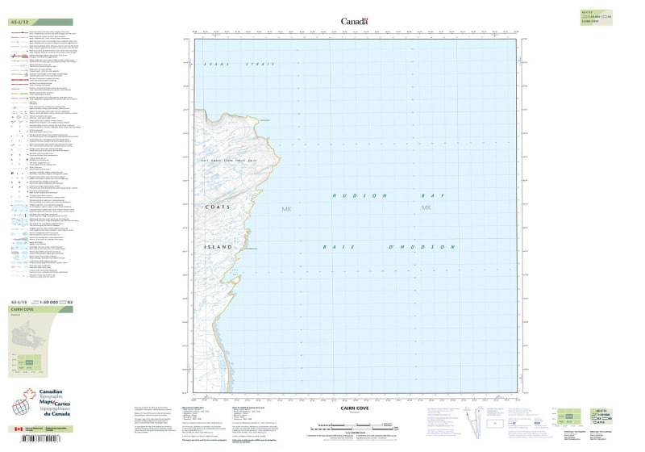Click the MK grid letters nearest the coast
pyautogui.click(x=285, y=210)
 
